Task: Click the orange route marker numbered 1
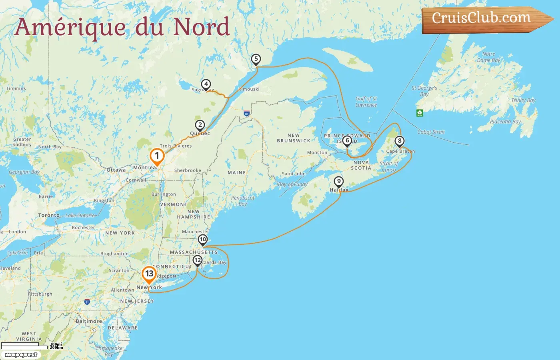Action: click(x=157, y=156)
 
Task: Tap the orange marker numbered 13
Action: click(x=149, y=274)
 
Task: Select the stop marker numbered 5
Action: click(x=256, y=59)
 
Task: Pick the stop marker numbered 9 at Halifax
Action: click(x=338, y=182)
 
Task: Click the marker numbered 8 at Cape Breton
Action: click(x=399, y=141)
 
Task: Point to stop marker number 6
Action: click(x=347, y=140)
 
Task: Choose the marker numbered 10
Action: click(x=203, y=240)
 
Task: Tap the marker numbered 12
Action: click(x=197, y=260)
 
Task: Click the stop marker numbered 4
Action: click(x=206, y=84)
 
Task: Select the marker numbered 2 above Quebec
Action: click(x=200, y=125)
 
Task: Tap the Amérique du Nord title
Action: click(x=122, y=27)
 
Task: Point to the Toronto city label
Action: click(x=49, y=215)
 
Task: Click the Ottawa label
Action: click(x=116, y=170)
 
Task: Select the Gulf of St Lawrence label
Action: click(x=366, y=102)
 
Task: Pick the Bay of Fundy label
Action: click(x=292, y=184)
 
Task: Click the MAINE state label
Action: click(x=236, y=173)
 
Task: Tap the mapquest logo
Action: click(x=21, y=355)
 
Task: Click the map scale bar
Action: click(x=24, y=345)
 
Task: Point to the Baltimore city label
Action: click(x=89, y=321)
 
